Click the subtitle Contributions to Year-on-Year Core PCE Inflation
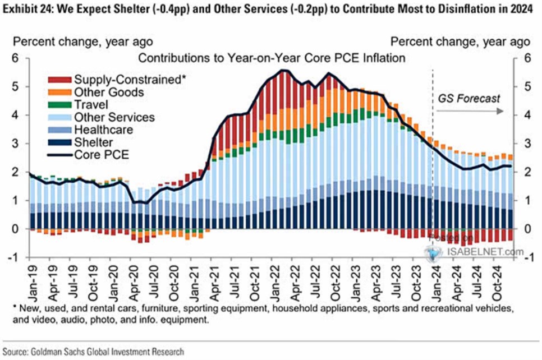pyautogui.click(x=272, y=58)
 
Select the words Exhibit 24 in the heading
pyautogui.click(x=26, y=8)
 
